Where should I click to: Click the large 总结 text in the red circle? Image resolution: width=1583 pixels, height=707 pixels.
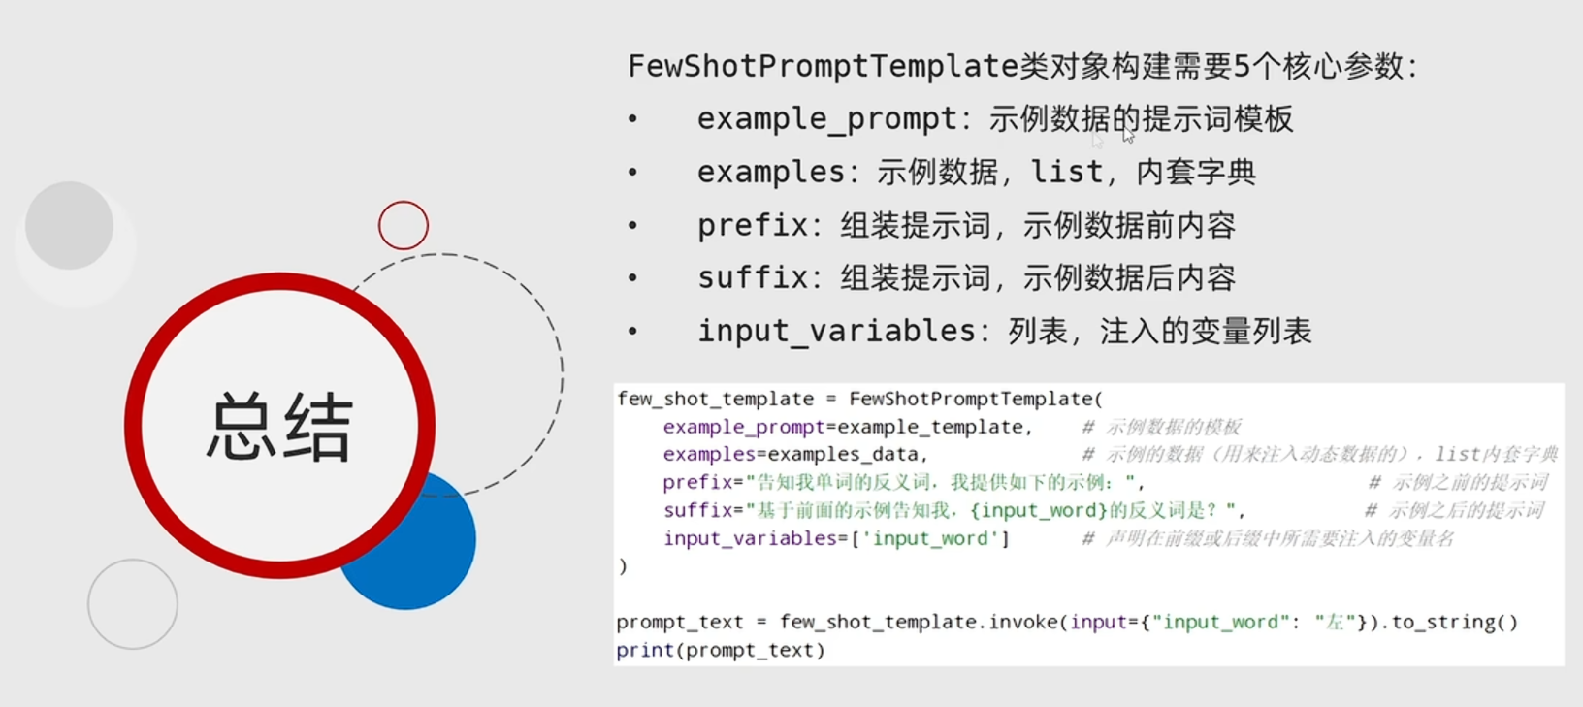point(279,427)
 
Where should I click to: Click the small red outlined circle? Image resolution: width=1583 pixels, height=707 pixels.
point(404,225)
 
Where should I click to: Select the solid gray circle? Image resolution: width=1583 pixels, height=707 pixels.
point(69,225)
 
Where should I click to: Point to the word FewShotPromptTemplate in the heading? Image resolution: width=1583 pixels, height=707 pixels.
point(823,66)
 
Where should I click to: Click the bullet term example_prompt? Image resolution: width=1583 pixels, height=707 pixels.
point(826,119)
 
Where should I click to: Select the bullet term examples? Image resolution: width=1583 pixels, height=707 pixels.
point(770,173)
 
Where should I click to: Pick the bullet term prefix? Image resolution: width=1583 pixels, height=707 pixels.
point(752,225)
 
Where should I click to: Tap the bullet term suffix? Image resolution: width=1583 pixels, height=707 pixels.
point(752,278)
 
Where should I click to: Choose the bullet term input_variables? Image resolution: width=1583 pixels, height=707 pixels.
point(836,332)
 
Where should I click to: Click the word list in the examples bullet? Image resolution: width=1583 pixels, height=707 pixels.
point(1066,173)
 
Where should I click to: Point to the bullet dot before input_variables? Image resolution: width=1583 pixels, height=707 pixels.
point(632,332)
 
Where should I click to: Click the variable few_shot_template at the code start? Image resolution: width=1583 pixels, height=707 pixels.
point(715,399)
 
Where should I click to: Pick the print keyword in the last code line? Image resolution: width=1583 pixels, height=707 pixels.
point(644,650)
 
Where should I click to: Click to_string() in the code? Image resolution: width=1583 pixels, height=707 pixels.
point(1454,622)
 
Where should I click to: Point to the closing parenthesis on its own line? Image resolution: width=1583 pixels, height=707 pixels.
point(623,566)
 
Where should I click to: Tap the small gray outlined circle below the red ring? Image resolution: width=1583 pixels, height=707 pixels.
point(133,604)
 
